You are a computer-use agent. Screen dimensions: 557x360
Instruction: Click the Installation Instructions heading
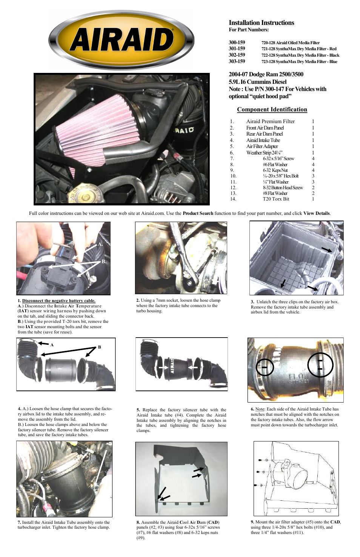point(261,23)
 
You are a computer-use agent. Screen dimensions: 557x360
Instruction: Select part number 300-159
point(237,43)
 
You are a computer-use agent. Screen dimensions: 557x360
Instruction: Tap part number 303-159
point(237,62)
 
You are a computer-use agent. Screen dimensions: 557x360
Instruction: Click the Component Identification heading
point(272,110)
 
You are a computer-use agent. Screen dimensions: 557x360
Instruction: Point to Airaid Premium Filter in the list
point(270,121)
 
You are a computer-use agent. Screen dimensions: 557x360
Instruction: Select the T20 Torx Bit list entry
point(276,199)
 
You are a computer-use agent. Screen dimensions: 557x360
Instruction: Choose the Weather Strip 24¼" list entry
point(264,153)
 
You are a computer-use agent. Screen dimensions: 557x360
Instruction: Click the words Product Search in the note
point(198,213)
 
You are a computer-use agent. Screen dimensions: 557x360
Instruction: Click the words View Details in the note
point(317,213)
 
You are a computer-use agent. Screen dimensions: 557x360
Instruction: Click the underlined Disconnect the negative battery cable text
point(58,301)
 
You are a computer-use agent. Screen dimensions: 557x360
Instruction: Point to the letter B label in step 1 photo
point(104,261)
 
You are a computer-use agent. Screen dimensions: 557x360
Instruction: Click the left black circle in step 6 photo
point(265,367)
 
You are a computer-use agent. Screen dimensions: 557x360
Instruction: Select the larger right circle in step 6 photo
point(320,365)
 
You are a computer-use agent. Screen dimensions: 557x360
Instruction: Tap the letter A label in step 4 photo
point(52,345)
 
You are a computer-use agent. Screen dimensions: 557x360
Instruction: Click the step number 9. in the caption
point(252,522)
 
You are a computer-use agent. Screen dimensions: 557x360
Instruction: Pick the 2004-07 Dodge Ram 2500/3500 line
point(266,74)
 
